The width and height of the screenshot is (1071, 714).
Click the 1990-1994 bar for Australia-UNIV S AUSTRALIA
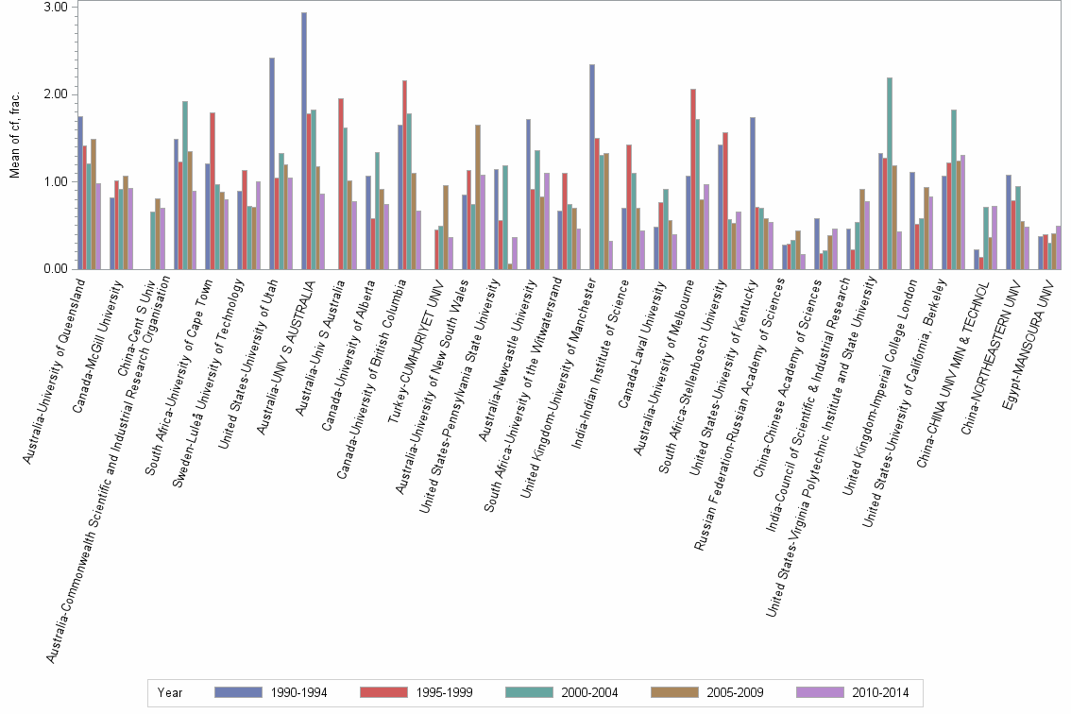coord(304,141)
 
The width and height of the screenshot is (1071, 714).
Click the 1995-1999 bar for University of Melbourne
coord(693,178)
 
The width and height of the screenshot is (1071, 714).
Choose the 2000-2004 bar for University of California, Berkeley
coord(954,189)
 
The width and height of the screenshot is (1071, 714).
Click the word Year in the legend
coord(170,692)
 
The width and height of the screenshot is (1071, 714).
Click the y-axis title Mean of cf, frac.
coord(14,132)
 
